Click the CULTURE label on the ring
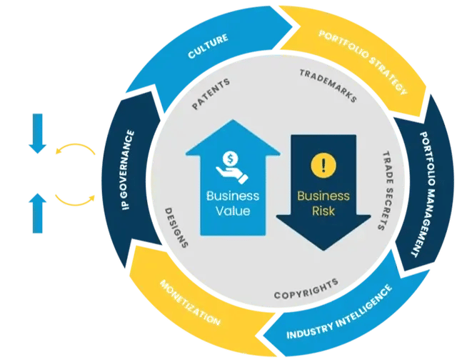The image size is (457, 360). tap(208, 48)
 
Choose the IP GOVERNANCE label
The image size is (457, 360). tap(129, 175)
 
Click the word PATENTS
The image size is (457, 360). tap(211, 94)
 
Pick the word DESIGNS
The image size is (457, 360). tap(176, 227)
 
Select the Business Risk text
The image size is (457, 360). tap(323, 204)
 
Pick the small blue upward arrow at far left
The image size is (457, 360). tap(38, 210)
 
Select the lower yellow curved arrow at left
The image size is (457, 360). tap(76, 200)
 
